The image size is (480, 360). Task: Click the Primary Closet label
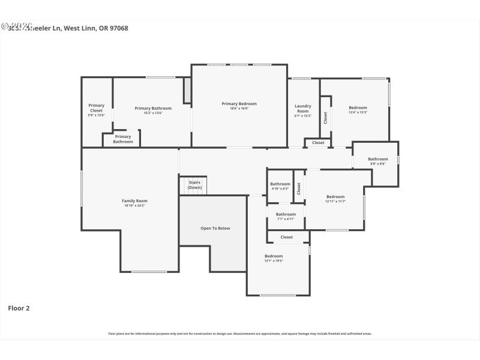tap(96, 108)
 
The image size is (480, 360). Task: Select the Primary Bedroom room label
tap(239, 104)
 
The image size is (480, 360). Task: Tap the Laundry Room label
tap(302, 109)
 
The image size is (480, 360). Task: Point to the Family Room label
tap(134, 201)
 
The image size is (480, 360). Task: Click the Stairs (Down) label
tap(194, 185)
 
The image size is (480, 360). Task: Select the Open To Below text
tap(215, 228)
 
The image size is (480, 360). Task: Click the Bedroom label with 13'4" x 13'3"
tap(358, 108)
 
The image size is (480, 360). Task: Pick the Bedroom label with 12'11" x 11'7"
tap(335, 197)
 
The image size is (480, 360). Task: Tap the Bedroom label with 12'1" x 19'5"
tap(274, 256)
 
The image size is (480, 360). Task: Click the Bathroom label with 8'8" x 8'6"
tap(378, 159)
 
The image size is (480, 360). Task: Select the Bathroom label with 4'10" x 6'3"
tap(280, 184)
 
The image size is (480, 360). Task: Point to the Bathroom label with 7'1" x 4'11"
tap(286, 214)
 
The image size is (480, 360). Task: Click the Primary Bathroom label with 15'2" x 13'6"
tap(153, 109)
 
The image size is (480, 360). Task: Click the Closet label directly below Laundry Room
tap(318, 143)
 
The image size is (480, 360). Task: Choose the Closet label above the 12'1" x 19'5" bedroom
tap(287, 237)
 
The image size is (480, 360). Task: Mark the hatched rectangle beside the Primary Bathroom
tap(187, 91)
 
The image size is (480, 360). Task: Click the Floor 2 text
tap(19, 308)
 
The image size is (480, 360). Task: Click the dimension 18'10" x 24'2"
tap(134, 206)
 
